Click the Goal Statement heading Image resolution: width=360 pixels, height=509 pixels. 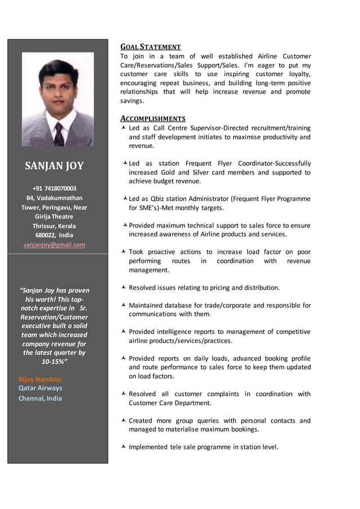coord(151,47)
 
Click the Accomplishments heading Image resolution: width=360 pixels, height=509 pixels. coord(153,119)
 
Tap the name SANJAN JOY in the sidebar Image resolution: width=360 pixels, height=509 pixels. coord(54,165)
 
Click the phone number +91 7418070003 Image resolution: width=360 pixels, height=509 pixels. coord(54,188)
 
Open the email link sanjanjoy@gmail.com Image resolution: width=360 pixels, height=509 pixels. coord(54,245)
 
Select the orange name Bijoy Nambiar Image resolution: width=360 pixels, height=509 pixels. coord(40,379)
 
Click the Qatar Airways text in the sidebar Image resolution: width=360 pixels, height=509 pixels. coord(40,388)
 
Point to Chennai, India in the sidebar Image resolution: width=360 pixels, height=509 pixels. coord(40,398)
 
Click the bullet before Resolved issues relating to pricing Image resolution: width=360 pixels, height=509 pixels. coord(124,288)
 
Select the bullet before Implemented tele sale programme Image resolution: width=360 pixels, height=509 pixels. coord(124,447)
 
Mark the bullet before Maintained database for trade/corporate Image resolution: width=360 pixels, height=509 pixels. coord(124,305)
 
